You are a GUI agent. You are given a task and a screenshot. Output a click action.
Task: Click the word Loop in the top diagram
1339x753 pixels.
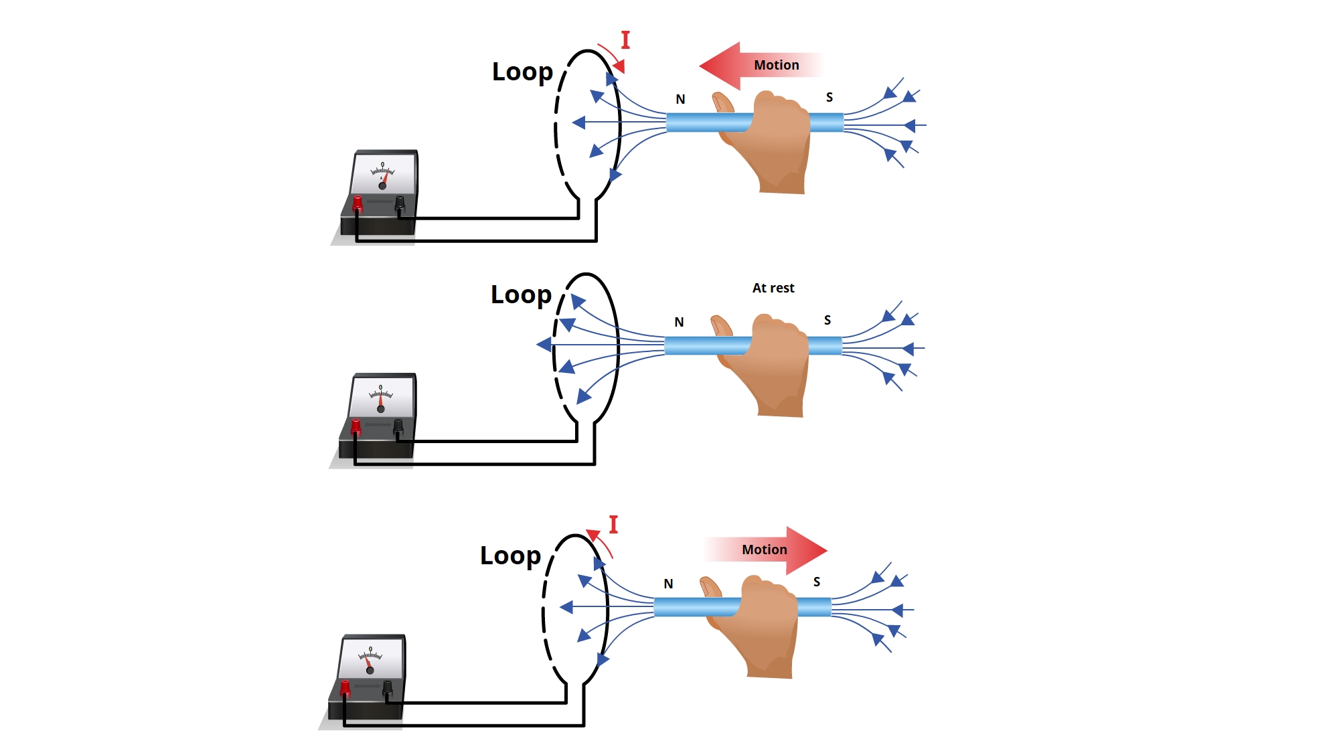tap(522, 72)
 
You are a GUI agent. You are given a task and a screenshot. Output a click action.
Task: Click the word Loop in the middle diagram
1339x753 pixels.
tap(521, 295)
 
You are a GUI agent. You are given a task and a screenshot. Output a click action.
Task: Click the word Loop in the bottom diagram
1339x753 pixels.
tap(510, 556)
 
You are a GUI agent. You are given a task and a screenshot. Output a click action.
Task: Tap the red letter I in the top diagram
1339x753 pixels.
tap(625, 40)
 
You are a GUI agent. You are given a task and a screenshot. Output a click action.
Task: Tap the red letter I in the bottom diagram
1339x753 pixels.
tap(613, 525)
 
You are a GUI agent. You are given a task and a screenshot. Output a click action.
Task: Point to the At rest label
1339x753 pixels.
tap(773, 288)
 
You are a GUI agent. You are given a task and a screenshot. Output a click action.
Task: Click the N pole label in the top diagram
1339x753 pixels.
tap(680, 99)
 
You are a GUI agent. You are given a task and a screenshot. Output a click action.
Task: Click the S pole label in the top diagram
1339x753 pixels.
tap(830, 97)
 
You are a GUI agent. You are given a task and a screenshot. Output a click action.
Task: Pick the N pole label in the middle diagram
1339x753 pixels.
tap(679, 322)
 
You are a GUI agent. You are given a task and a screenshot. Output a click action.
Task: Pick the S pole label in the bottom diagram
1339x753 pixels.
tap(817, 582)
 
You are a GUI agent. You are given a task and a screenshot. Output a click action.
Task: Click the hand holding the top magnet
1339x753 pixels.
tap(777, 141)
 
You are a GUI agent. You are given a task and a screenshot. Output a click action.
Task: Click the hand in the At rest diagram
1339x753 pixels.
tap(775, 363)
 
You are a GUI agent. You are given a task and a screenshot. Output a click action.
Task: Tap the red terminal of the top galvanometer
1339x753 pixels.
tap(358, 203)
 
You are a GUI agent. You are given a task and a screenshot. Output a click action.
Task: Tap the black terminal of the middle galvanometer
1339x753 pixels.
tap(398, 426)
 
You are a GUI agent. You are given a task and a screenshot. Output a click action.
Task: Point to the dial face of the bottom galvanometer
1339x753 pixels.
tap(371, 659)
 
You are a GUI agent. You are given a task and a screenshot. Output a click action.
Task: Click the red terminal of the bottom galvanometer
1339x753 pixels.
tap(345, 687)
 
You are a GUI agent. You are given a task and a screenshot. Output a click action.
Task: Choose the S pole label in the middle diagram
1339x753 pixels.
tap(828, 320)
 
